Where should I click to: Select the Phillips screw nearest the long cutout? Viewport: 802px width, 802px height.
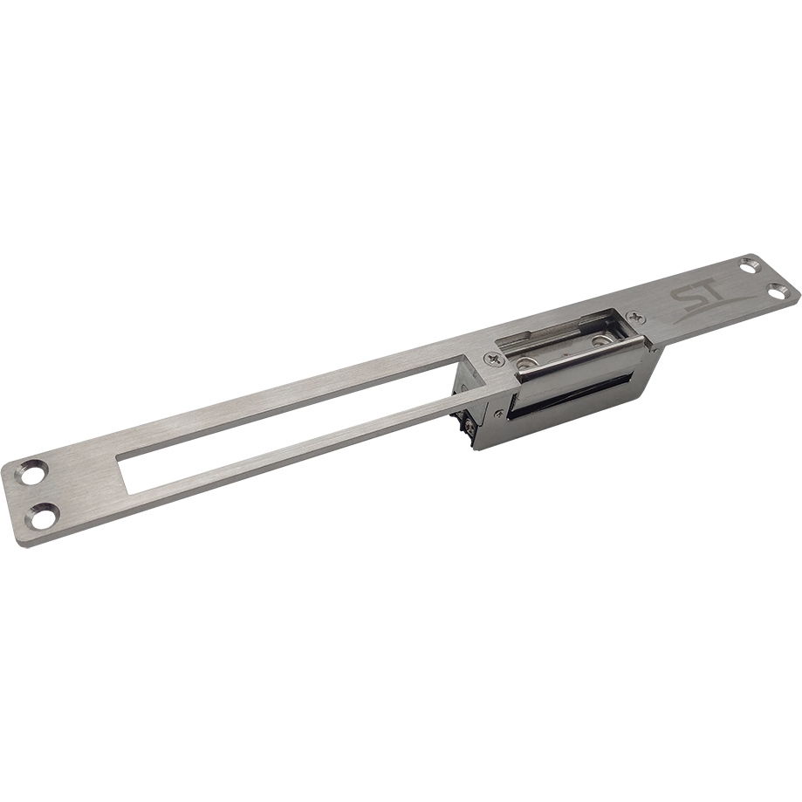click(x=493, y=360)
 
